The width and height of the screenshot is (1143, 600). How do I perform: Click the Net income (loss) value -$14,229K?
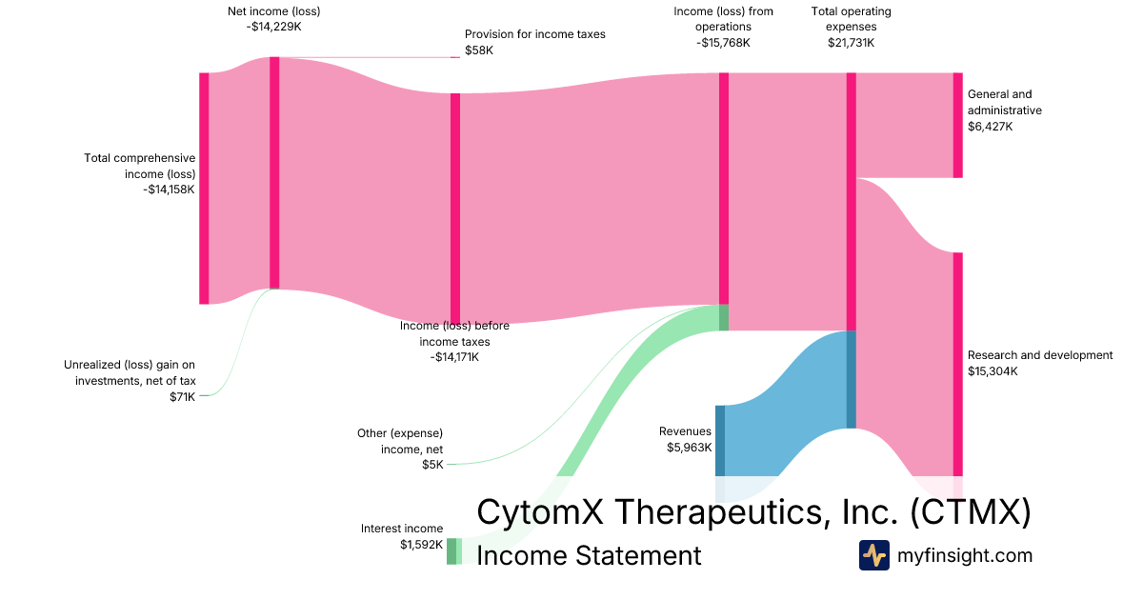pyautogui.click(x=274, y=27)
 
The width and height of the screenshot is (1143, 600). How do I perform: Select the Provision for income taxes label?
pyautogui.click(x=534, y=34)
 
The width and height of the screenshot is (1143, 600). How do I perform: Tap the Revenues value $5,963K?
pyautogui.click(x=689, y=448)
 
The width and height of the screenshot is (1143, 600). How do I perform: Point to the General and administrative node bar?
pyautogui.click(x=958, y=126)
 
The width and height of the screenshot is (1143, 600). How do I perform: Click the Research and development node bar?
pyautogui.click(x=958, y=364)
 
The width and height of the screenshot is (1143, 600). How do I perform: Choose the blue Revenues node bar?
pyautogui.click(x=720, y=441)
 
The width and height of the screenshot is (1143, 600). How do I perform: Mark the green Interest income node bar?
pyautogui.click(x=451, y=551)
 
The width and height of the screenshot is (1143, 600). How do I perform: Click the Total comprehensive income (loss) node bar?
pyautogui.click(x=204, y=189)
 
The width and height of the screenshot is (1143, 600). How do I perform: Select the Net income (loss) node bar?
pyautogui.click(x=274, y=173)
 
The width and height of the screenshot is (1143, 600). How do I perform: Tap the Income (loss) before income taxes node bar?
pyautogui.click(x=455, y=209)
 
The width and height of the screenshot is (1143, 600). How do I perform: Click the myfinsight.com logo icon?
pyautogui.click(x=874, y=555)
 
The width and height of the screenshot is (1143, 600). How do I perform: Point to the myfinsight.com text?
pyautogui.click(x=964, y=555)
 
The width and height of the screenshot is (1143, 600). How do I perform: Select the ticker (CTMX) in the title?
pyautogui.click(x=971, y=511)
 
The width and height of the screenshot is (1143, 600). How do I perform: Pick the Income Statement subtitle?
pyautogui.click(x=589, y=555)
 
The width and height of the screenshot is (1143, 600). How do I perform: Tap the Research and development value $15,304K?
pyautogui.click(x=993, y=370)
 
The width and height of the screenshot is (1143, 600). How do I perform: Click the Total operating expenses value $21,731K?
pyautogui.click(x=852, y=42)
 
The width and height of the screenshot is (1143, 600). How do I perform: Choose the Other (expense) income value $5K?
pyautogui.click(x=432, y=465)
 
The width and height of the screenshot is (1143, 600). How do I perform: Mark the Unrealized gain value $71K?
pyautogui.click(x=183, y=397)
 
